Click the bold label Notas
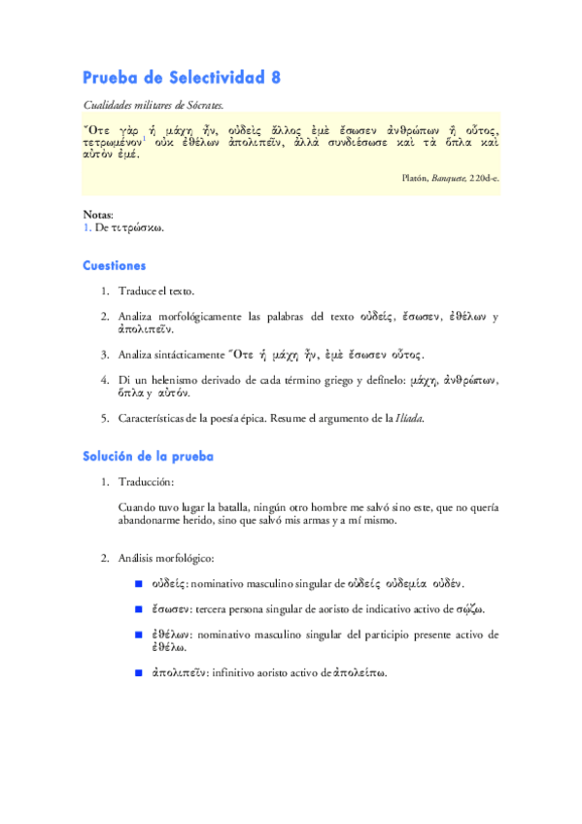[x=98, y=214]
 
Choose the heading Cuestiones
[x=115, y=264]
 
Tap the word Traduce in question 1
[x=140, y=291]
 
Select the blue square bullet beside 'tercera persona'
[x=139, y=609]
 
